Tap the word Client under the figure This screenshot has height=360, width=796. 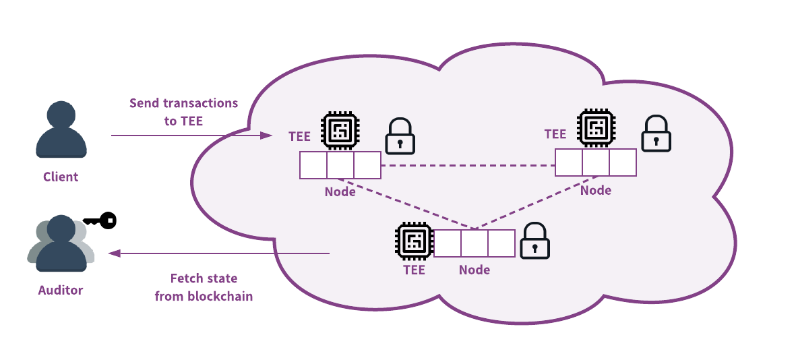pos(61,177)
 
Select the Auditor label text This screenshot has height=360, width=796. pos(61,291)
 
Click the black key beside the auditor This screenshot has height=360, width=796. pos(100,220)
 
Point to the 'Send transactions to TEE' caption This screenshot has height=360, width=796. pos(183,111)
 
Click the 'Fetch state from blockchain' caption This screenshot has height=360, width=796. pos(204,287)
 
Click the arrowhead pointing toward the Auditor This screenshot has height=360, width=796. pos(114,253)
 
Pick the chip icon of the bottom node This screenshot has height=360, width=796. pos(414,241)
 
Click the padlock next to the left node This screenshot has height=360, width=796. pos(400,137)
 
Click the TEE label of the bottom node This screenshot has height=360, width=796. pos(414,270)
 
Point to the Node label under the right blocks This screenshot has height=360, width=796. pos(596,190)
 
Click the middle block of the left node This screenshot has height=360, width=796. pos(340,165)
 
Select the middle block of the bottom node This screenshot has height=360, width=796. pos(474,243)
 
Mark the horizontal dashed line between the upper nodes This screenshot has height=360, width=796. pos(468,165)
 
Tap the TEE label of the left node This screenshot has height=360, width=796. pos(299,136)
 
